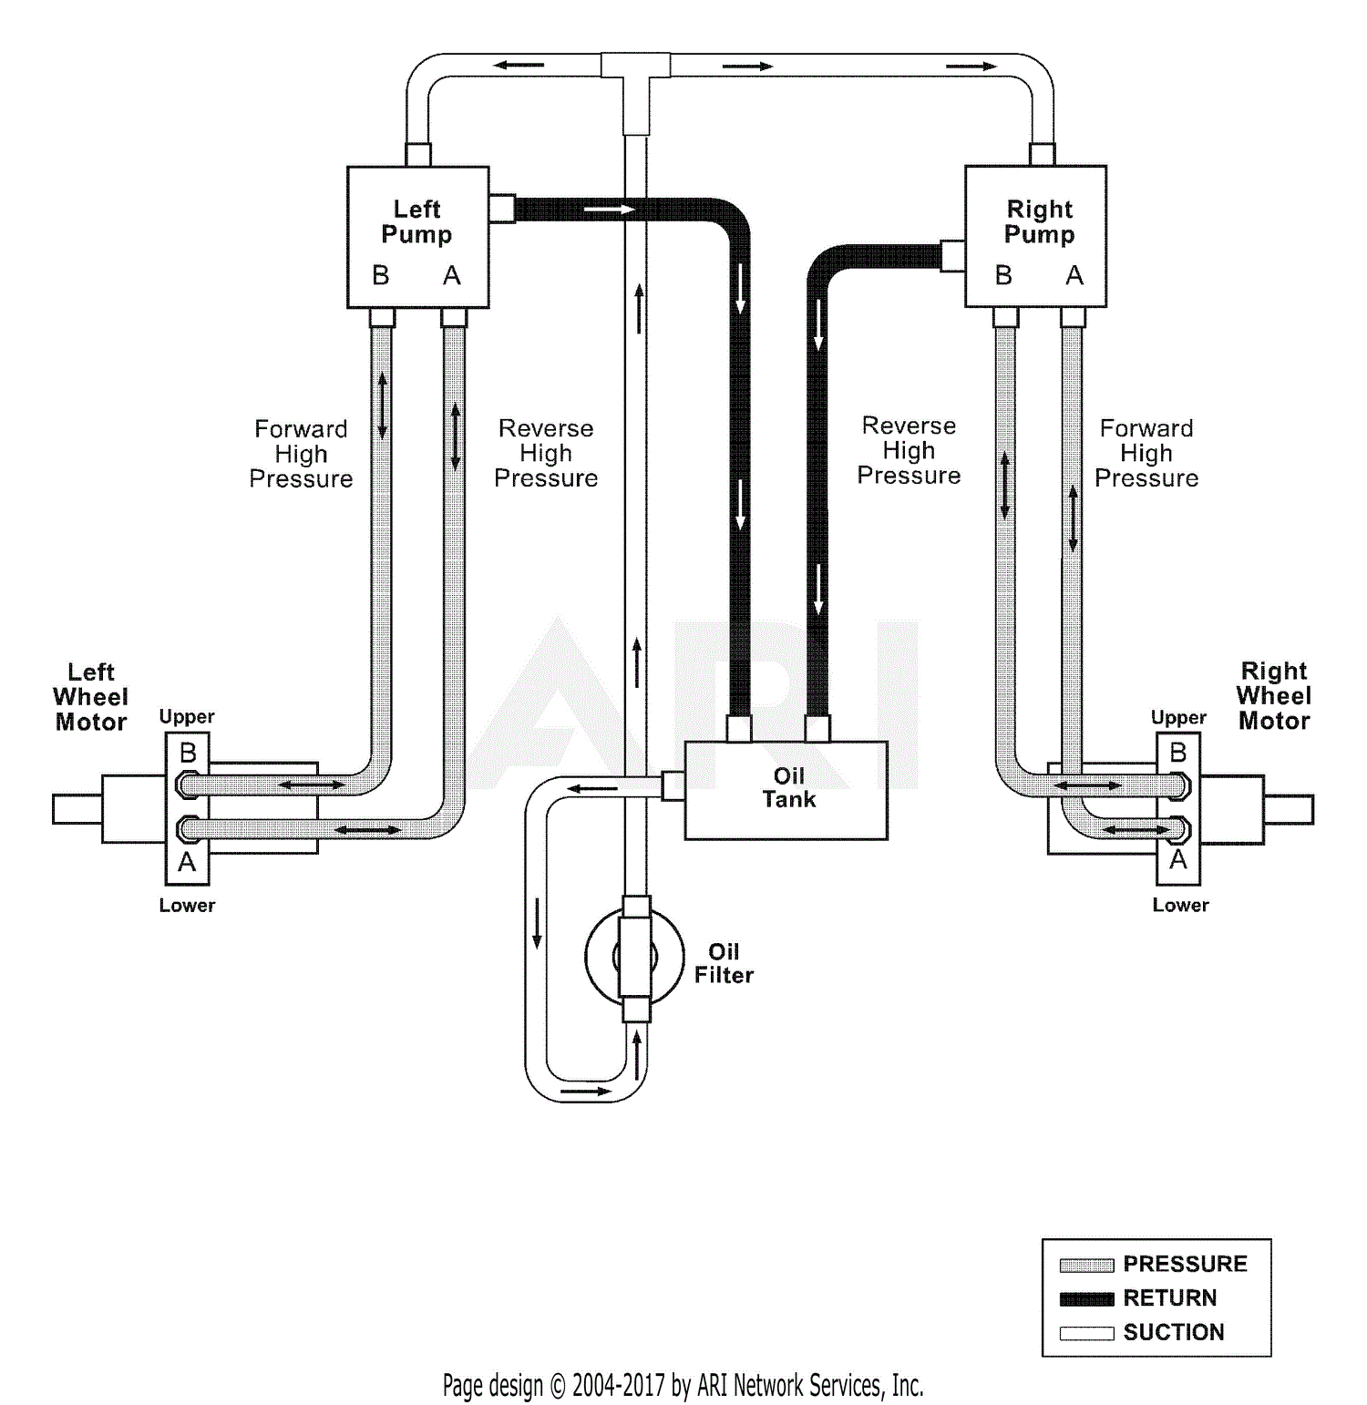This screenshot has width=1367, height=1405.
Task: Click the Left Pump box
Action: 417,236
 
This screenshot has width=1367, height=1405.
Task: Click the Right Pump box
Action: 1035,236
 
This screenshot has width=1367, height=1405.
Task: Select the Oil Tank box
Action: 786,789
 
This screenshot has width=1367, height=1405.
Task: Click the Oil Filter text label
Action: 724,963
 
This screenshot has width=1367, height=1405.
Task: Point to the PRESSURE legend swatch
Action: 1086,1265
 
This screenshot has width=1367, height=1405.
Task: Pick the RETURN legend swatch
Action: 1086,1298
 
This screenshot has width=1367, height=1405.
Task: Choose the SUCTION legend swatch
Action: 1086,1333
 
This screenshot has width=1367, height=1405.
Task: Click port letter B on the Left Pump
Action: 381,275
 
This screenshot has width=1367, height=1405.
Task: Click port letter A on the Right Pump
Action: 1074,275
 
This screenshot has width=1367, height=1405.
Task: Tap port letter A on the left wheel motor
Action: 187,862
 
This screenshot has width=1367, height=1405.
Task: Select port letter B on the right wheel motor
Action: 1177,753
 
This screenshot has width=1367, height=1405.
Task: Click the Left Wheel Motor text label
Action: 90,697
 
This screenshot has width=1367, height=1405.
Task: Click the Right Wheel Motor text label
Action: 1273,696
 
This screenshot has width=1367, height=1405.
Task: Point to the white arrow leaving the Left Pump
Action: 609,210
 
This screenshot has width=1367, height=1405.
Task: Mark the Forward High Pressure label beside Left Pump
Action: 301,454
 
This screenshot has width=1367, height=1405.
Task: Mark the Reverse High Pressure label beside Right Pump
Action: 909,450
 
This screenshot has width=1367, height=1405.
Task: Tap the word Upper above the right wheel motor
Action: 1178,717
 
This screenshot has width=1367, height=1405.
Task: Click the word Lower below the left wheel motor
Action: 187,906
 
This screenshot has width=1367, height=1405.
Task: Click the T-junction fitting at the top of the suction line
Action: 636,68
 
